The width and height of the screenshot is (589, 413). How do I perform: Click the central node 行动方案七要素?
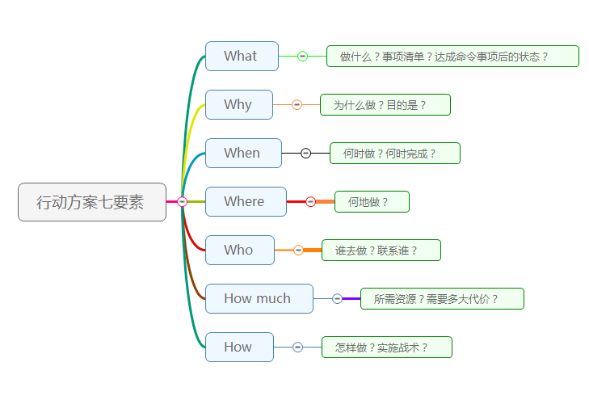tap(91, 202)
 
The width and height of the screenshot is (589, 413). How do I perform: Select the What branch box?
tap(242, 57)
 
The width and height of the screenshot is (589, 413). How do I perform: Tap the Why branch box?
tap(238, 105)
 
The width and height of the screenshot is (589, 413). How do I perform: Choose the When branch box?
tap(243, 154)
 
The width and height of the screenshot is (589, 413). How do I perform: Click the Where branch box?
tap(246, 202)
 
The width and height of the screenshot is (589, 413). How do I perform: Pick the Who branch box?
tap(239, 251)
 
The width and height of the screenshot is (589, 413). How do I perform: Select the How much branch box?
tap(259, 299)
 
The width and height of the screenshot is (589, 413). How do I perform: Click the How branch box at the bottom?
tap(239, 348)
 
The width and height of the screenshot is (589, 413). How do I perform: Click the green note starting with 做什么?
tap(452, 57)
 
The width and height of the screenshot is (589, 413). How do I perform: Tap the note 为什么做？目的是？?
tap(385, 105)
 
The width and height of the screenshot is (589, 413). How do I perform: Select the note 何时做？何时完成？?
tap(394, 154)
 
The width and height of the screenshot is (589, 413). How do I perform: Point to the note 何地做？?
tap(372, 202)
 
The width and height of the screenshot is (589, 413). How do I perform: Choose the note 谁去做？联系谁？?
tap(381, 251)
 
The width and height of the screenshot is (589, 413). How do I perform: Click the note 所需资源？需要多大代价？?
tap(442, 299)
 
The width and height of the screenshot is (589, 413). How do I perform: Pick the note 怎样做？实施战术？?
tap(386, 348)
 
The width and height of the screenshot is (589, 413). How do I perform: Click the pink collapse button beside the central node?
tap(182, 202)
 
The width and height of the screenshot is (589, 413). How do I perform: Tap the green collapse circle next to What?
tap(302, 57)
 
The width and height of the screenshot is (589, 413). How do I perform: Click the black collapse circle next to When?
tap(305, 154)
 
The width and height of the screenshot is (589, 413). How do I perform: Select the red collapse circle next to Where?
tap(310, 202)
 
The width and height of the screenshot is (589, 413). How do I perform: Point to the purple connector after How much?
tap(351, 299)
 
